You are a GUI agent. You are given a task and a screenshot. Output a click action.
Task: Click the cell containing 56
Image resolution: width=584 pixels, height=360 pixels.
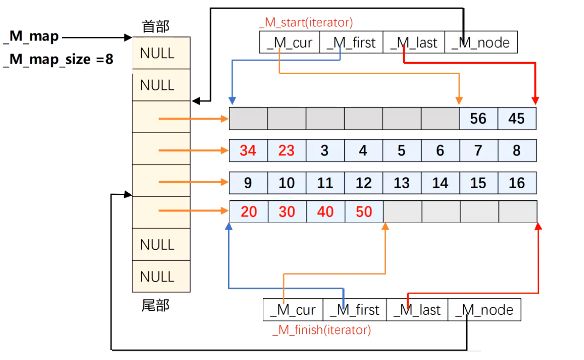click(478, 118)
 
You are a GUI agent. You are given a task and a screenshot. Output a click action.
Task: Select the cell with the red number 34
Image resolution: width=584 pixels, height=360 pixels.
click(248, 151)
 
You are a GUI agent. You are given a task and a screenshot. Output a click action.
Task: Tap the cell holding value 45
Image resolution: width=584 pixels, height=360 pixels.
click(517, 118)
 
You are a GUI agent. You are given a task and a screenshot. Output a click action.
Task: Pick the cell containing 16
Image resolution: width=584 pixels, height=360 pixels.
click(517, 183)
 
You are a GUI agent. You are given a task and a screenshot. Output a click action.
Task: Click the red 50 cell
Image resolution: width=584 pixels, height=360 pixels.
click(364, 212)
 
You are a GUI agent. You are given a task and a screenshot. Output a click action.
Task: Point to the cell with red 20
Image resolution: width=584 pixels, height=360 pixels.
click(249, 212)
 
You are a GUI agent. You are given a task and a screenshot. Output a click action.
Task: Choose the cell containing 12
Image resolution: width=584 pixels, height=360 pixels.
click(364, 183)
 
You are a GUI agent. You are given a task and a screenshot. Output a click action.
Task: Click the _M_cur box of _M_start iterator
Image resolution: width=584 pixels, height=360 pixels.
click(289, 42)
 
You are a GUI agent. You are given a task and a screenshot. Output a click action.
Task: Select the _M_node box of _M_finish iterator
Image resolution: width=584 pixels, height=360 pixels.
click(484, 310)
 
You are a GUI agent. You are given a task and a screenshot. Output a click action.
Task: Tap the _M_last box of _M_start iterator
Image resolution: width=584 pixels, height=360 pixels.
click(414, 42)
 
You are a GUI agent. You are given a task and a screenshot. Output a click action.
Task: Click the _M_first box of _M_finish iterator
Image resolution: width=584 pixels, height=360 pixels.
click(354, 310)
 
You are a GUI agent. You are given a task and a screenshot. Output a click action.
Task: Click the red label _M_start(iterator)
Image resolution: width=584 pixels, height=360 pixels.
click(306, 22)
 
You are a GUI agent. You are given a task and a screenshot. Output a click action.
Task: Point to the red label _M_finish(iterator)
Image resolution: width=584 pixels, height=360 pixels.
click(322, 330)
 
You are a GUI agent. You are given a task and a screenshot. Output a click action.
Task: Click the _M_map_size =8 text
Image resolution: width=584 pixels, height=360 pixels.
click(58, 59)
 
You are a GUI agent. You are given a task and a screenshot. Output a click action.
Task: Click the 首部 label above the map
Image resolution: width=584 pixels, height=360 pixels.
click(156, 27)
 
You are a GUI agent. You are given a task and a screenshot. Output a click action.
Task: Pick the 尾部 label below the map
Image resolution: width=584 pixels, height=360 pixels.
click(156, 305)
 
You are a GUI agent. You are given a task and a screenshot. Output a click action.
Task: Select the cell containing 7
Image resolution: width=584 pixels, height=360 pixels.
click(478, 151)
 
